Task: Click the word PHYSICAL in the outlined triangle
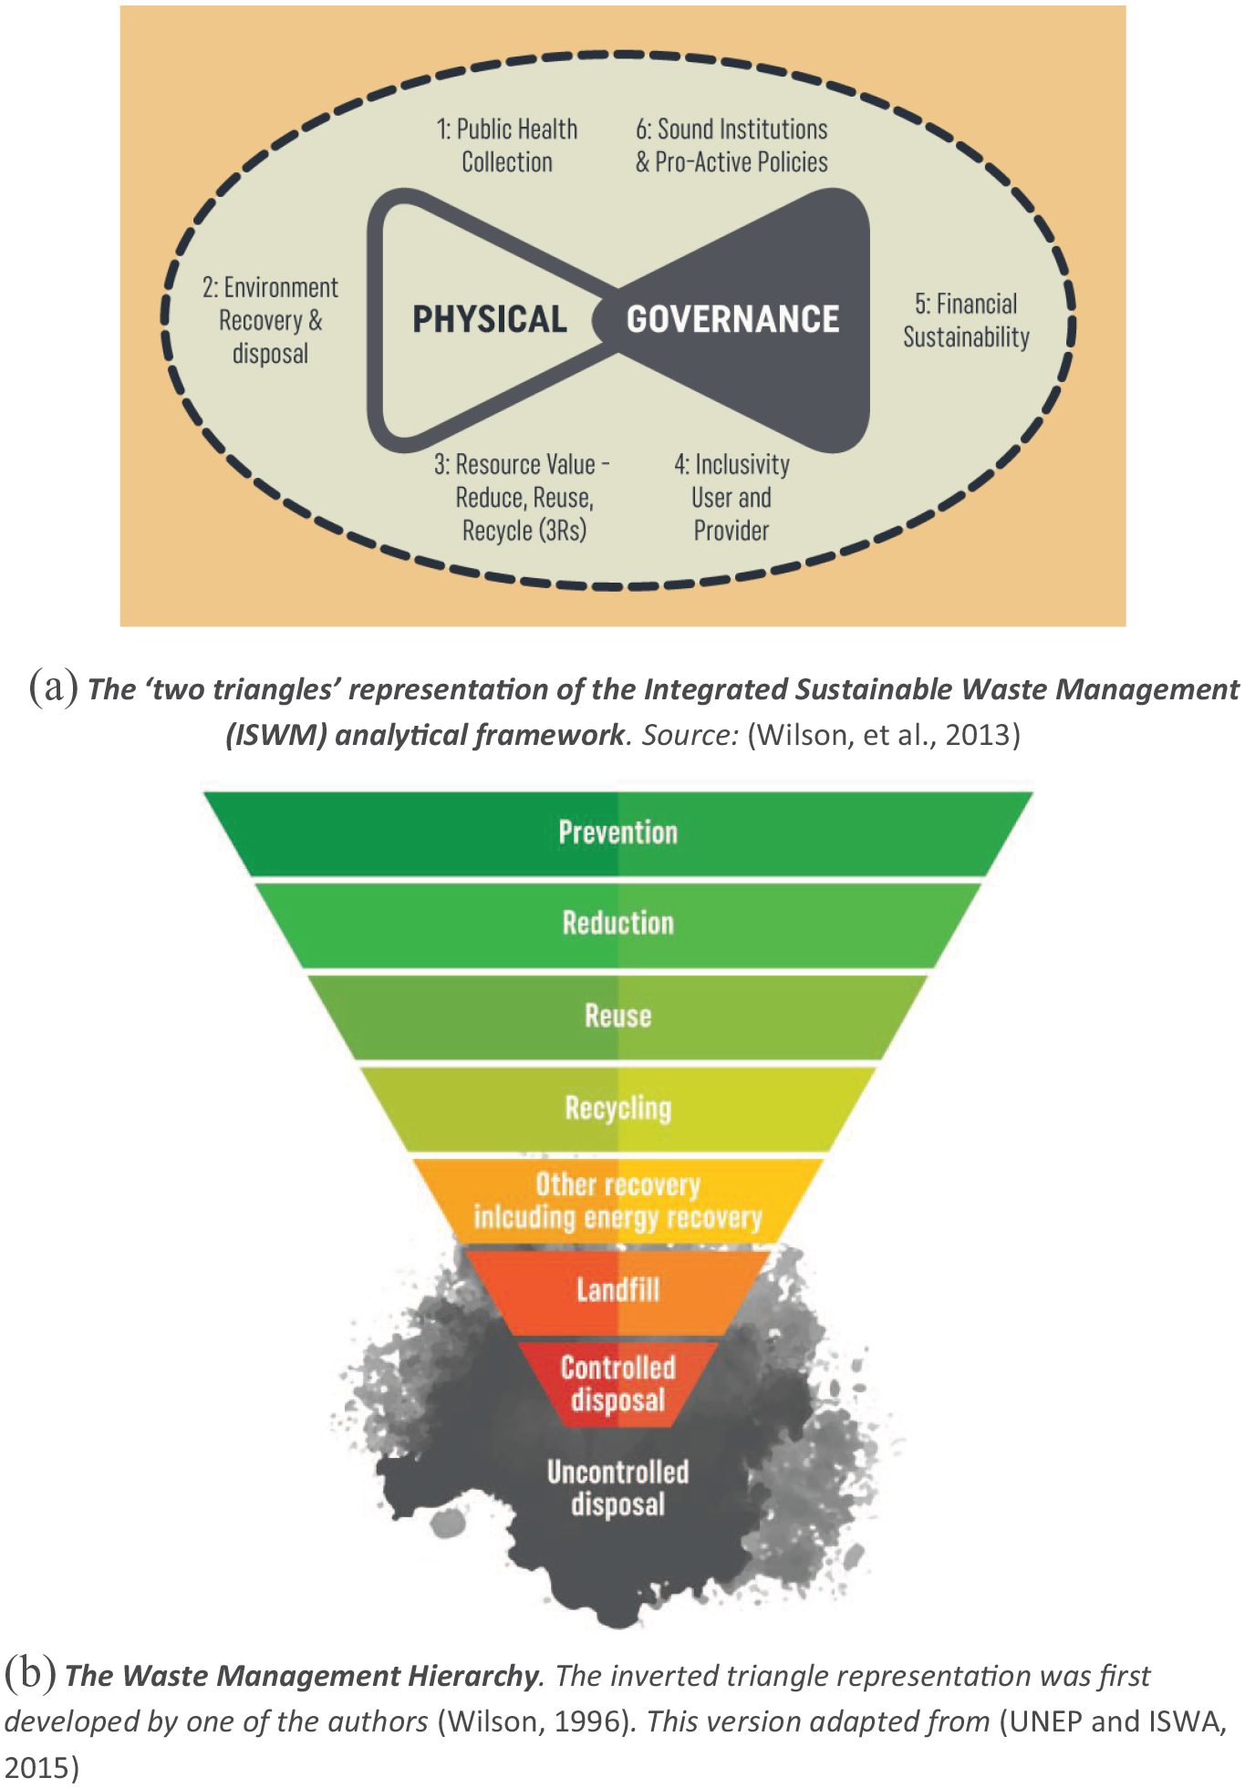[490, 319]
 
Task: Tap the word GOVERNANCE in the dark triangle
[732, 319]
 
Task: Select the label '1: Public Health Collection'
[507, 146]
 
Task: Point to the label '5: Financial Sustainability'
[966, 321]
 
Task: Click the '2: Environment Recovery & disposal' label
[270, 321]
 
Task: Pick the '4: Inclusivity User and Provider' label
[731, 498]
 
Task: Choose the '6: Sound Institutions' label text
[731, 129]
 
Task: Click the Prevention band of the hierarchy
[618, 833]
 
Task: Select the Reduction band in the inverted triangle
[618, 925]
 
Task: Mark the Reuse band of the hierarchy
[618, 1017]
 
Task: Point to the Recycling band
[618, 1109]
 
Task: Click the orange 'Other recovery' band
[618, 1201]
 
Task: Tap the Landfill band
[618, 1291]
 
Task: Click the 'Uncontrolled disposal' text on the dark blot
[618, 1488]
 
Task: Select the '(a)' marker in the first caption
[53, 687]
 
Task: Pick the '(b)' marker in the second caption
[30, 1674]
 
